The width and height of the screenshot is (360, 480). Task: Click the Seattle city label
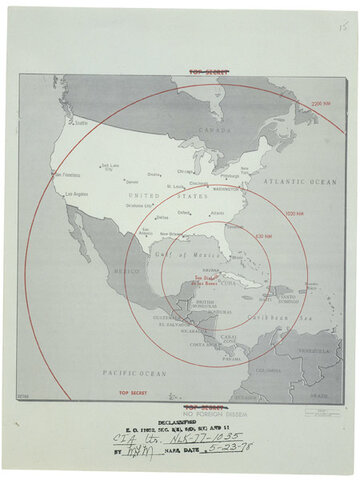point(79,123)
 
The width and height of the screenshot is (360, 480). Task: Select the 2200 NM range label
point(319,105)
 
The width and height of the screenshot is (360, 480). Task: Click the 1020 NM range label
point(294,213)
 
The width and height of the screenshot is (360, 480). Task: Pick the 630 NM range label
point(264,236)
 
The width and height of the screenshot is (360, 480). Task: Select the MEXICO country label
point(126,271)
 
